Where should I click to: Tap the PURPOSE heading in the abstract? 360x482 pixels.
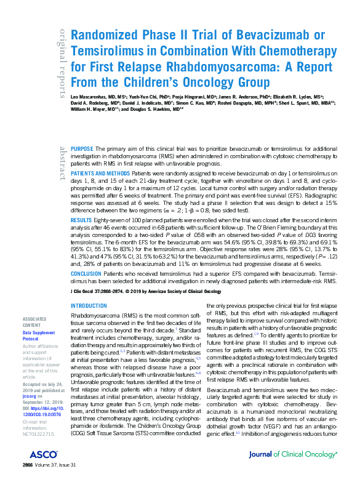(x=82, y=150)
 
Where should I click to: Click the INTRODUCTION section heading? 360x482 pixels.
(x=89, y=306)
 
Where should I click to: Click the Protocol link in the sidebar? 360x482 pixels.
(x=31, y=338)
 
